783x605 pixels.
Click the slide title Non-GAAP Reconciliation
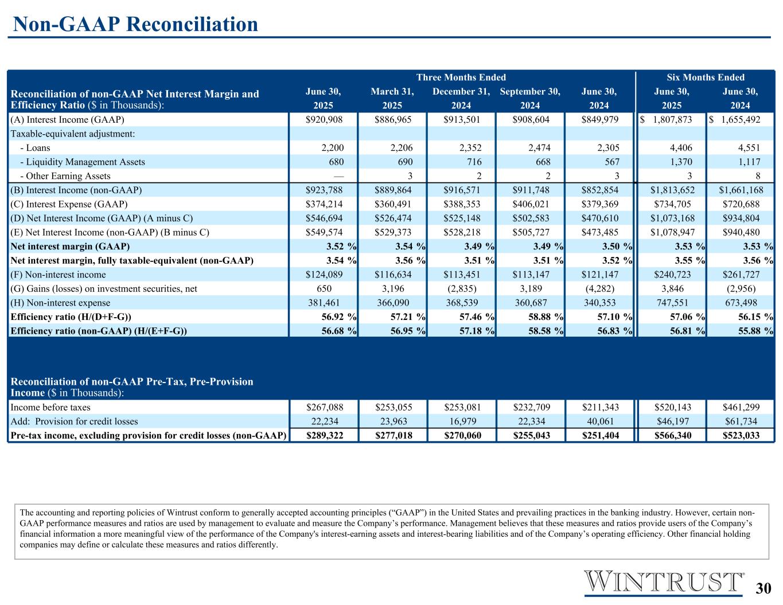tap(135, 24)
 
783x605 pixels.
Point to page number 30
tap(763, 588)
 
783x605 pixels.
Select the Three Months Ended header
tap(461, 77)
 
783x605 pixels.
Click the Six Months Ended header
tap(705, 77)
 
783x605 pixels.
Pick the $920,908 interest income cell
tap(324, 120)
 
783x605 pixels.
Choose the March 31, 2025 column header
tap(392, 98)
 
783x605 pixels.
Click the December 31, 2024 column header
tap(461, 98)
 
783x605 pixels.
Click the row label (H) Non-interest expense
tap(61, 303)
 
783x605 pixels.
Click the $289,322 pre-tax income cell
tap(324, 435)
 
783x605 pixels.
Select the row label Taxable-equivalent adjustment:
tap(72, 134)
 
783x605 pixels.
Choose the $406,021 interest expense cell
tap(531, 204)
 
